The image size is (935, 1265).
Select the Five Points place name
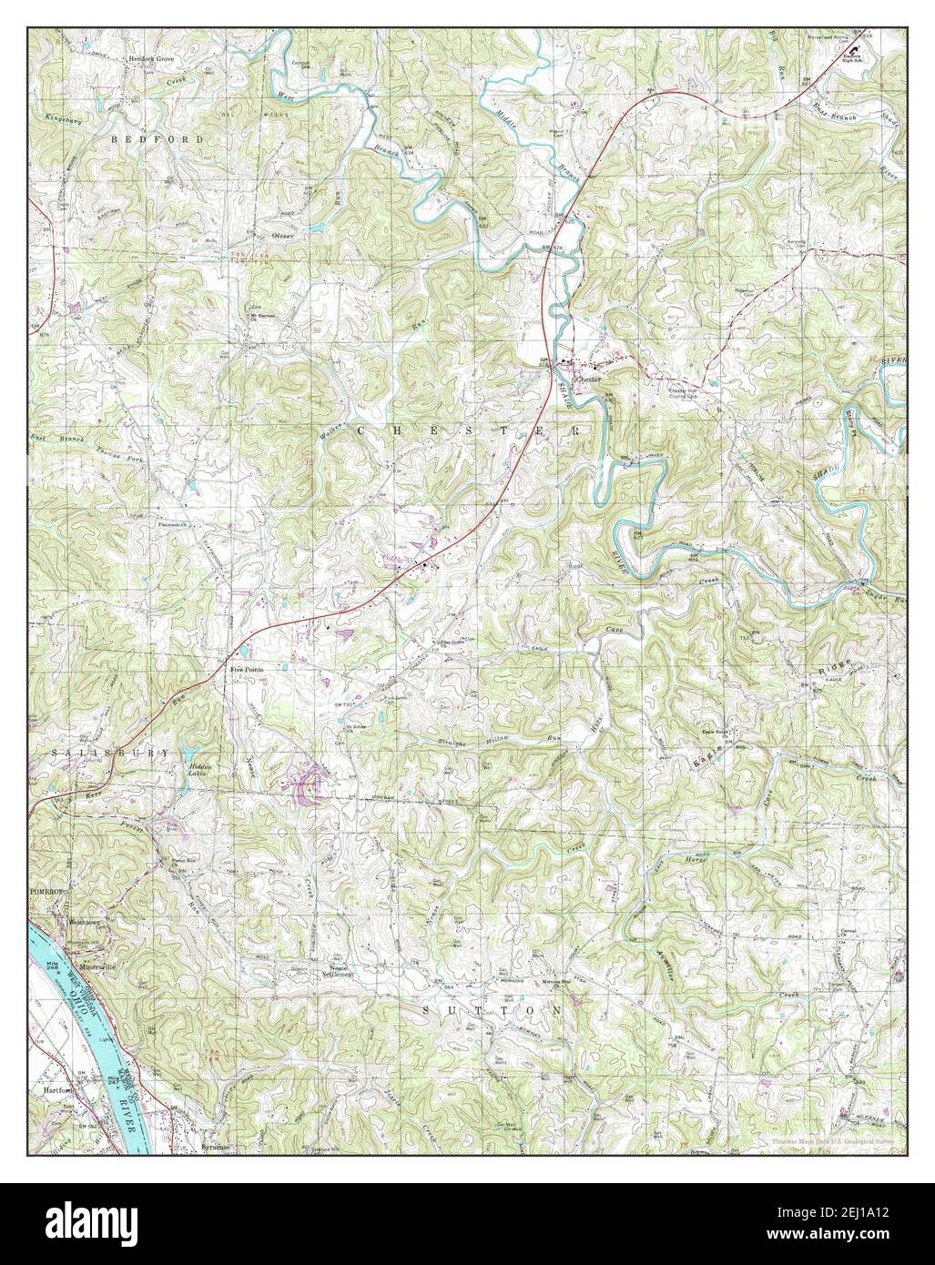click(x=247, y=669)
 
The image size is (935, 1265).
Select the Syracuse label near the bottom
click(x=213, y=1149)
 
